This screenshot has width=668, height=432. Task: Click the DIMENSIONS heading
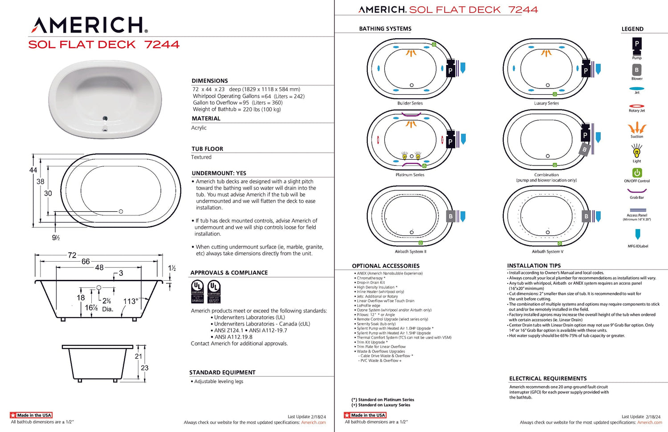click(210, 81)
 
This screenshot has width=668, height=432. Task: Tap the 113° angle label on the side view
click(130, 301)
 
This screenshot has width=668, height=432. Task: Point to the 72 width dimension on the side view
click(72, 255)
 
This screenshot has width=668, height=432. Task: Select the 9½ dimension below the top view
click(56, 238)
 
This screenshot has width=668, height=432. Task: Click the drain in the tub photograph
click(105, 118)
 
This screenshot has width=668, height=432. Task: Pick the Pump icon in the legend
click(637, 44)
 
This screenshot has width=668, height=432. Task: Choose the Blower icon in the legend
click(637, 70)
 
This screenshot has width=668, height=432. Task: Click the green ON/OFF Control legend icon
click(637, 173)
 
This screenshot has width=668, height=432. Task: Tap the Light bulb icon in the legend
click(637, 152)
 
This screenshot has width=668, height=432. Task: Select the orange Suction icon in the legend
click(637, 128)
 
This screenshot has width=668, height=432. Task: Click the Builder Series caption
click(410, 103)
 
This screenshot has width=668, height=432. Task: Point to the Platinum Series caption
click(410, 175)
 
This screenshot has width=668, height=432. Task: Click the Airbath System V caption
click(547, 251)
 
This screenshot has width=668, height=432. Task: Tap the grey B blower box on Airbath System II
click(451, 217)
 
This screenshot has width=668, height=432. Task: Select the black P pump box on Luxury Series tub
click(586, 70)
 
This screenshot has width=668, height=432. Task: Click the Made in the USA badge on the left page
click(31, 415)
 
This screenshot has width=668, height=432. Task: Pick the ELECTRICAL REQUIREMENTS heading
click(548, 379)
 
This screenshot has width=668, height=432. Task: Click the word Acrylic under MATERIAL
click(199, 128)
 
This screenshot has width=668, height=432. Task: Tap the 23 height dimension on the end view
click(145, 368)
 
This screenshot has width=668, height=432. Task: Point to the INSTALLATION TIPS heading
click(534, 266)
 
